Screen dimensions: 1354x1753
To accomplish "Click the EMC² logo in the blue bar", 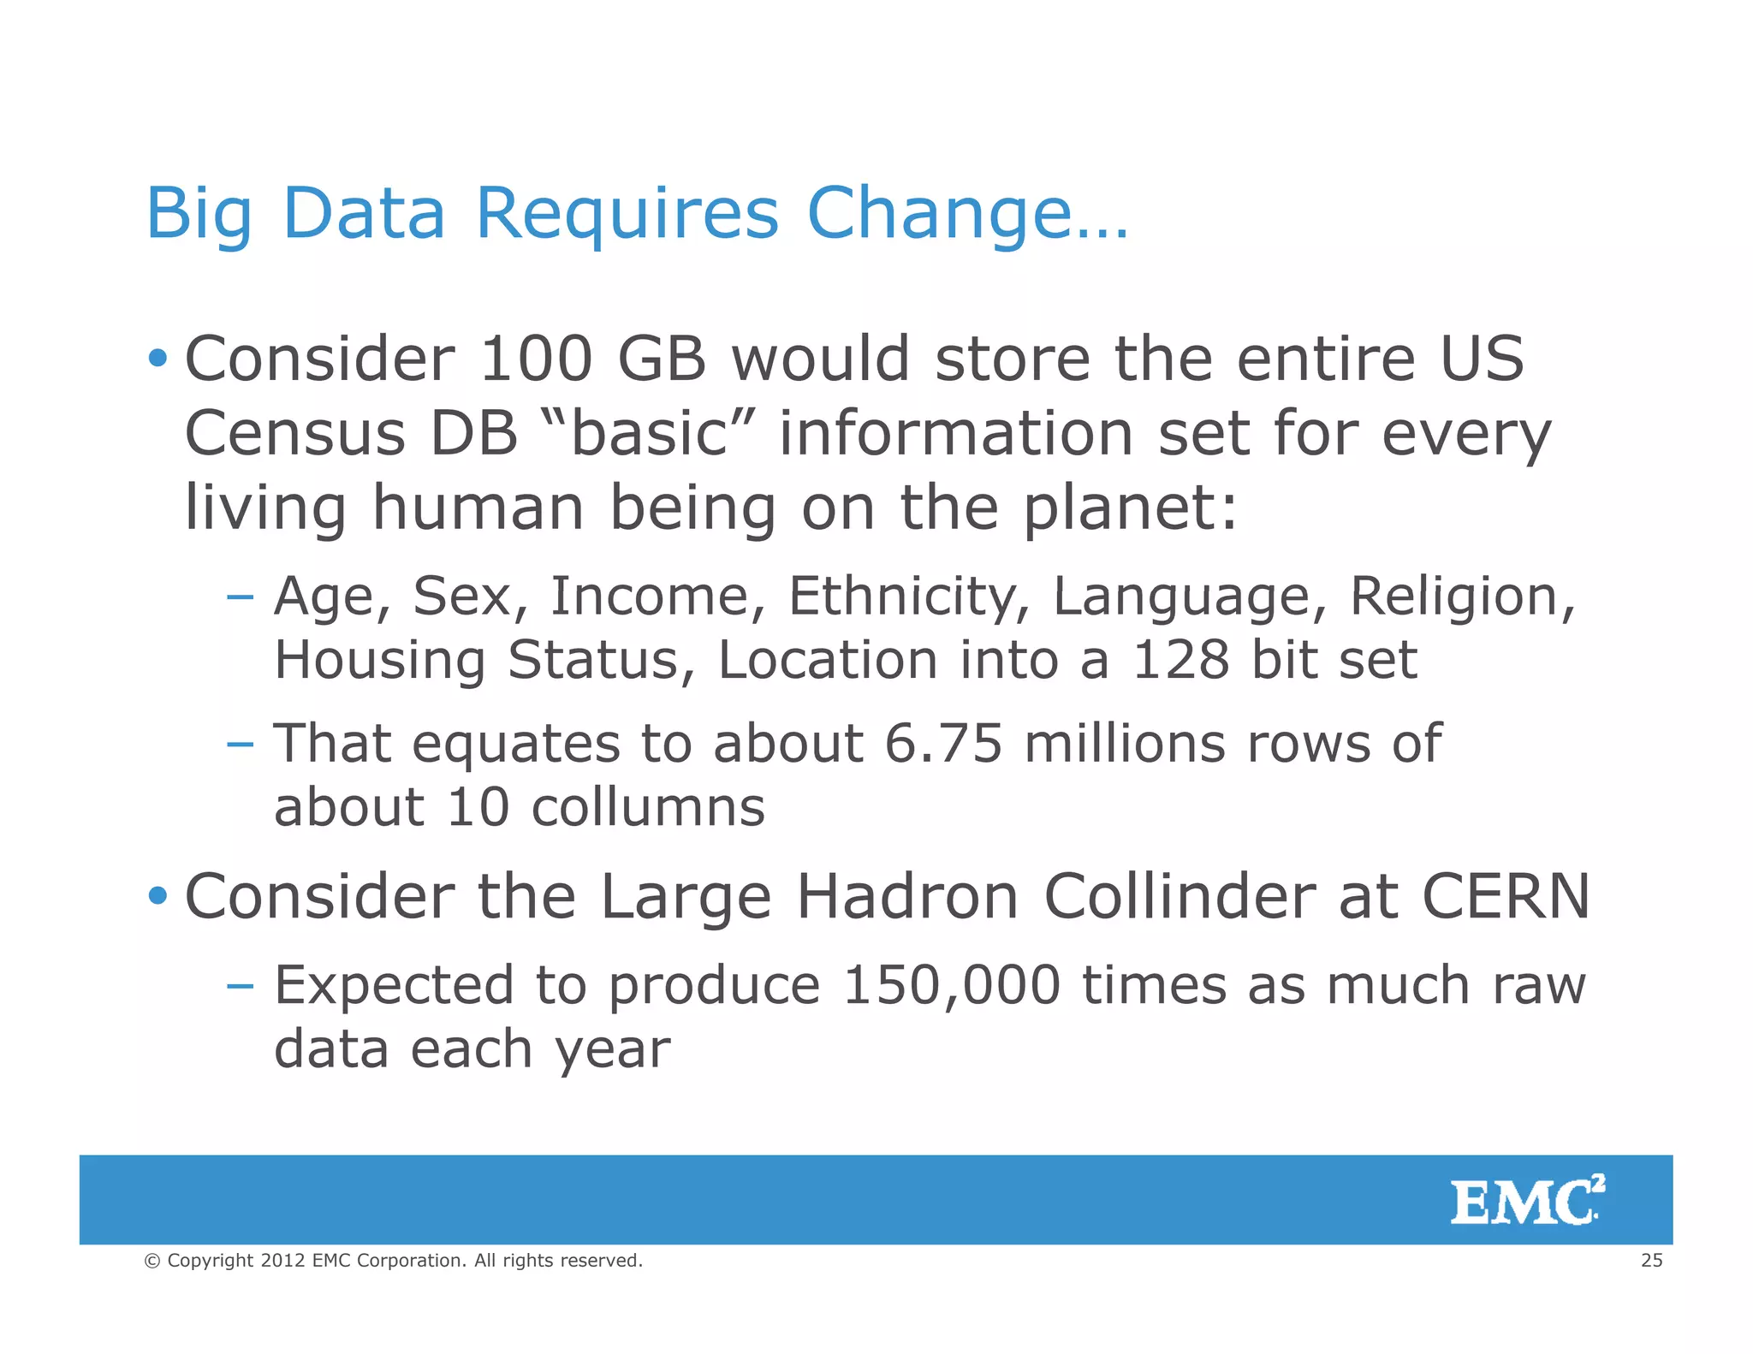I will pyautogui.click(x=1526, y=1201).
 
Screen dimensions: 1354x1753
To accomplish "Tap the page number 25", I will pyautogui.click(x=1651, y=1260).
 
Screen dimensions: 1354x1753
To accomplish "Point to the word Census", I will pyautogui.click(x=294, y=432).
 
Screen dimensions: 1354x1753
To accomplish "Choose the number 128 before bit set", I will pyautogui.click(x=1181, y=659).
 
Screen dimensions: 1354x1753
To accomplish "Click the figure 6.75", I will pyautogui.click(x=942, y=742).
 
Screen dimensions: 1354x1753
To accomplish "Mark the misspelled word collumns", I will pyautogui.click(x=647, y=806).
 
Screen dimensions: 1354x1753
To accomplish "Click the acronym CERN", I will pyautogui.click(x=1506, y=896).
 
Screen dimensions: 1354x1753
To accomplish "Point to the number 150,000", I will pyautogui.click(x=951, y=984).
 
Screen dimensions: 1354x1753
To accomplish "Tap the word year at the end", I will pyautogui.click(x=611, y=1049).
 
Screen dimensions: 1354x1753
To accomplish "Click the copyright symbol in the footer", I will pyautogui.click(x=152, y=1261).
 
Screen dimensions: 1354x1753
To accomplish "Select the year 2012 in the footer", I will pyautogui.click(x=282, y=1260).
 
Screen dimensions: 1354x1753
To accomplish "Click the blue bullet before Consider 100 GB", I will pyautogui.click(x=157, y=358).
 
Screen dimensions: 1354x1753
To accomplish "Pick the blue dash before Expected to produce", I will pyautogui.click(x=241, y=985).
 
